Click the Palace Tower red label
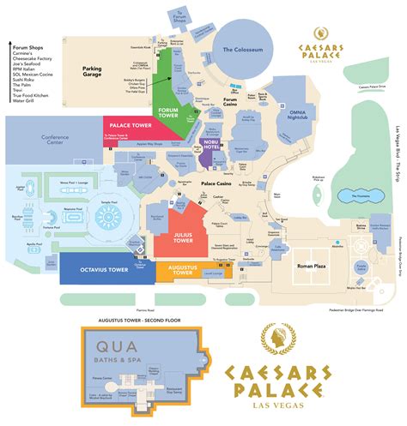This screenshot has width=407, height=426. pyautogui.click(x=131, y=124)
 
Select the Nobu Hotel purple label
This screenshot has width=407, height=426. pyautogui.click(x=210, y=147)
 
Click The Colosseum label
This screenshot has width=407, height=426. pyautogui.click(x=248, y=51)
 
